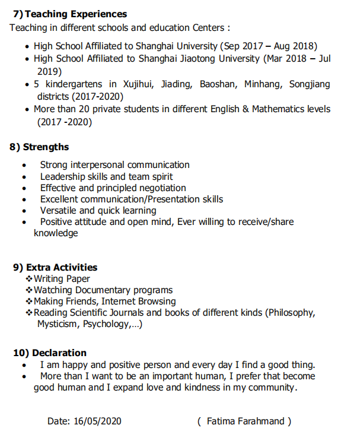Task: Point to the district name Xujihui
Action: (x=140, y=84)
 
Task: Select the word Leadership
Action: (x=62, y=176)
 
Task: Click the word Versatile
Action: (x=58, y=210)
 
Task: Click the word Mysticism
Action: (x=58, y=324)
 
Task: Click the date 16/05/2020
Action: (x=97, y=421)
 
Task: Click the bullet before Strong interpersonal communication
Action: (x=24, y=166)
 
